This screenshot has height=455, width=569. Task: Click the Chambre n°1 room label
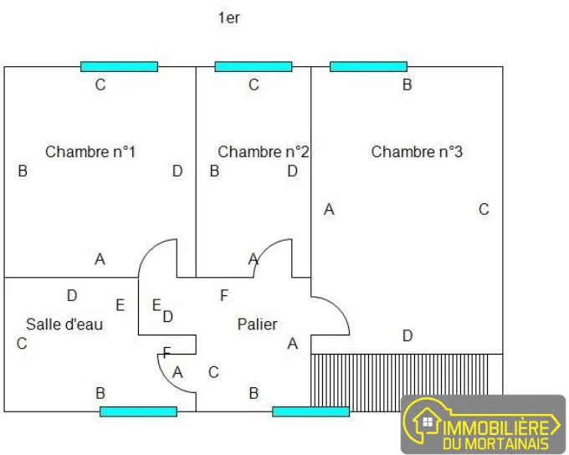point(90,152)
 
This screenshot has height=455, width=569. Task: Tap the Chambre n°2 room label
point(264,152)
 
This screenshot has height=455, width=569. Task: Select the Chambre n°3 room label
point(417,152)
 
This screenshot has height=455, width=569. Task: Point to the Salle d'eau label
point(64,324)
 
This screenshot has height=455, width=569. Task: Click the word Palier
point(257,324)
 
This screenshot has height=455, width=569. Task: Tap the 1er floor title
point(229,18)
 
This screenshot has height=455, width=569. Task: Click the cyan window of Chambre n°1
point(119,67)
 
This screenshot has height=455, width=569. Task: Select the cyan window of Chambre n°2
point(254,67)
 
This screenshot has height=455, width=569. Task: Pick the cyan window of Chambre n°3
point(368,67)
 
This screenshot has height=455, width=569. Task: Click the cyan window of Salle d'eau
point(138,412)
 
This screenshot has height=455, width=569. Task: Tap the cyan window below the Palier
point(310,412)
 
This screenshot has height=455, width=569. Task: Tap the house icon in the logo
point(427,422)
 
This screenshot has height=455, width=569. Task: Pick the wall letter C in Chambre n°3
point(484,209)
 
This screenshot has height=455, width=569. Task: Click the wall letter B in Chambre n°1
point(23,171)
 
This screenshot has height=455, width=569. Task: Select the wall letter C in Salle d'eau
point(22,343)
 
